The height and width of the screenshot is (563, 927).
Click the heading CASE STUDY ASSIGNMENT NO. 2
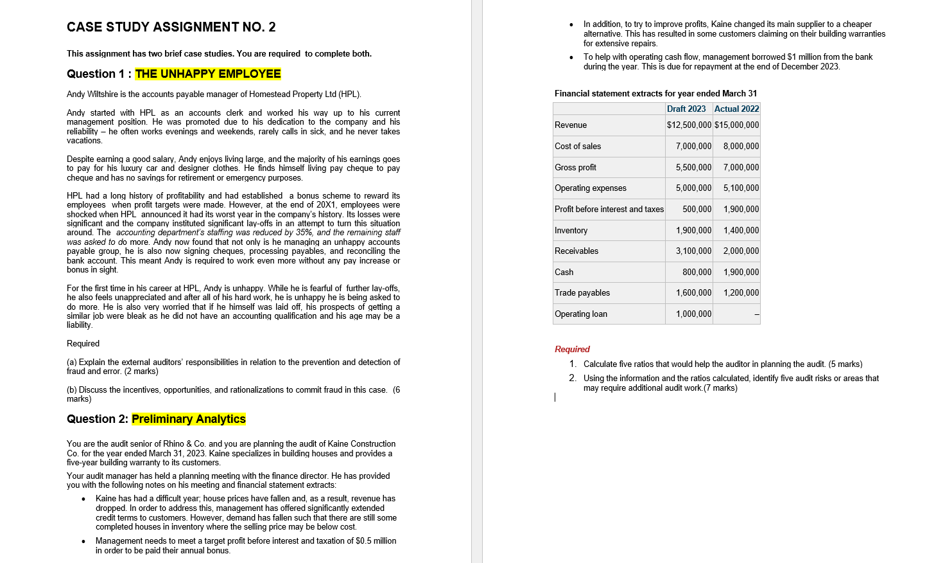171,27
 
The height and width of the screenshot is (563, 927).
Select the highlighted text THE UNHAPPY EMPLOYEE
208,74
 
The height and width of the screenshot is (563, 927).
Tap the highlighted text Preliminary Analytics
189,419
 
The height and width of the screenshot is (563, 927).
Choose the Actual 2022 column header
736,109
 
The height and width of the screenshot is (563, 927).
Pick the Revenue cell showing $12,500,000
689,125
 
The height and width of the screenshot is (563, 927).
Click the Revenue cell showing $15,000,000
736,125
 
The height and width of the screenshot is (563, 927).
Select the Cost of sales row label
578,147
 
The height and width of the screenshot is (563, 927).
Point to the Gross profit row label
575,168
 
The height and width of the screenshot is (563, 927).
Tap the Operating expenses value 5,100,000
741,188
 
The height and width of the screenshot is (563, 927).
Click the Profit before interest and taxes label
609,210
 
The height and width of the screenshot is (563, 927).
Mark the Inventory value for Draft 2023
693,231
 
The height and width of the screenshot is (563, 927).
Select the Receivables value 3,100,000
693,251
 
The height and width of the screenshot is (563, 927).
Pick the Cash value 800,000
697,273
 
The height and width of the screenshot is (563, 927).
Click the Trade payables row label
582,293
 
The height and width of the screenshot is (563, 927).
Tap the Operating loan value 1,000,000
693,314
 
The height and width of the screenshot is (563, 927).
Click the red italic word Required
572,349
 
